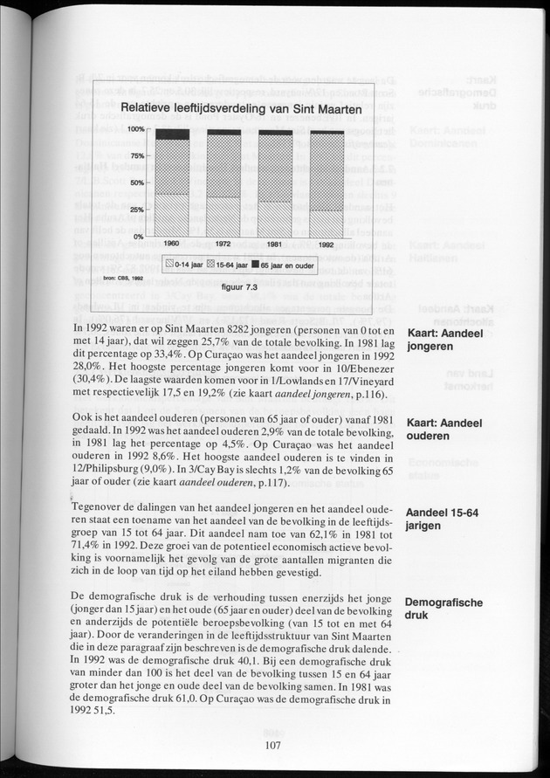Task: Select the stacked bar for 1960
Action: click(171, 182)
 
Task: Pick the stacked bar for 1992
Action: click(327, 183)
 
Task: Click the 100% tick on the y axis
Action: click(135, 129)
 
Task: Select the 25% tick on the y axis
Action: click(137, 210)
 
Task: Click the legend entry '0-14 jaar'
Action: click(182, 263)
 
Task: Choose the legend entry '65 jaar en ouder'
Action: click(281, 263)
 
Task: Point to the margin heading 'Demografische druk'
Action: click(443, 609)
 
